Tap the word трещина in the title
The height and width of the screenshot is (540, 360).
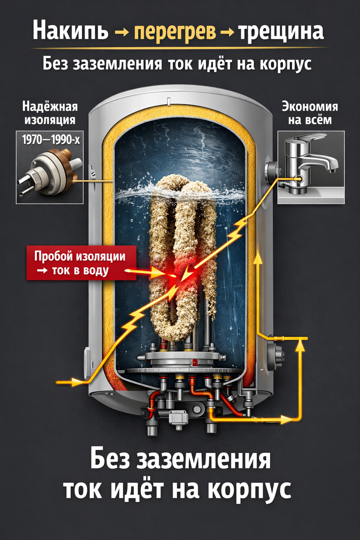pyautogui.click(x=281, y=32)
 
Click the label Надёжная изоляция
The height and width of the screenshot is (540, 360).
pyautogui.click(x=49, y=113)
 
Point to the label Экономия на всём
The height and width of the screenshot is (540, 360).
pyautogui.click(x=310, y=113)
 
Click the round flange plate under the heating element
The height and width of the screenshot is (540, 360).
pyautogui.click(x=180, y=360)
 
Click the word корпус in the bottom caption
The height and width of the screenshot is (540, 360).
pyautogui.click(x=252, y=488)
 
